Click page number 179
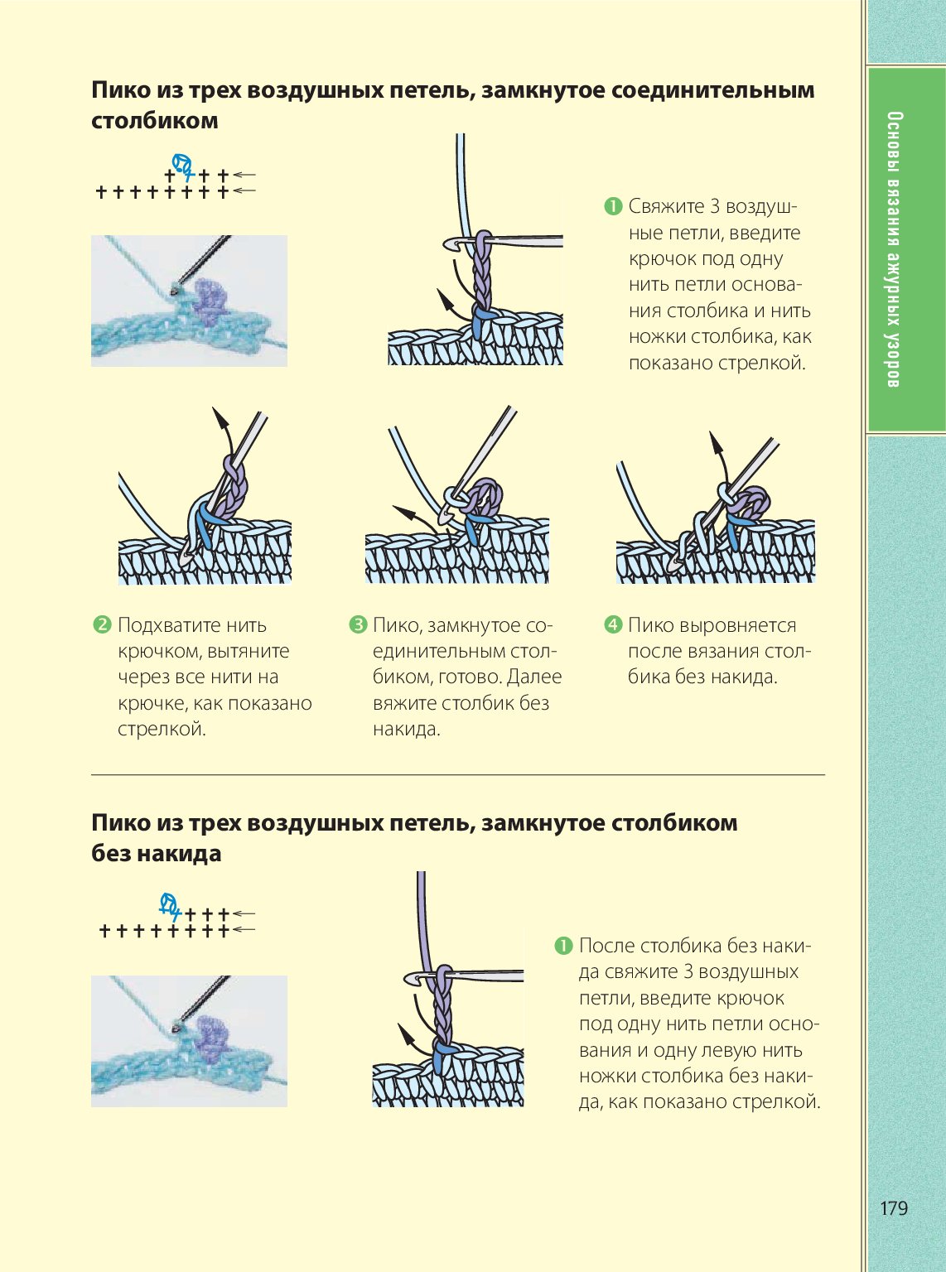893,1208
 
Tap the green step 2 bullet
102,624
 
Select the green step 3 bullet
358,624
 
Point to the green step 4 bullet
613,624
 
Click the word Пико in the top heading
119,90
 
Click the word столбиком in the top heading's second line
155,121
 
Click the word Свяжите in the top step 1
666,206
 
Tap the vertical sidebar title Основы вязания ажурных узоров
893,250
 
